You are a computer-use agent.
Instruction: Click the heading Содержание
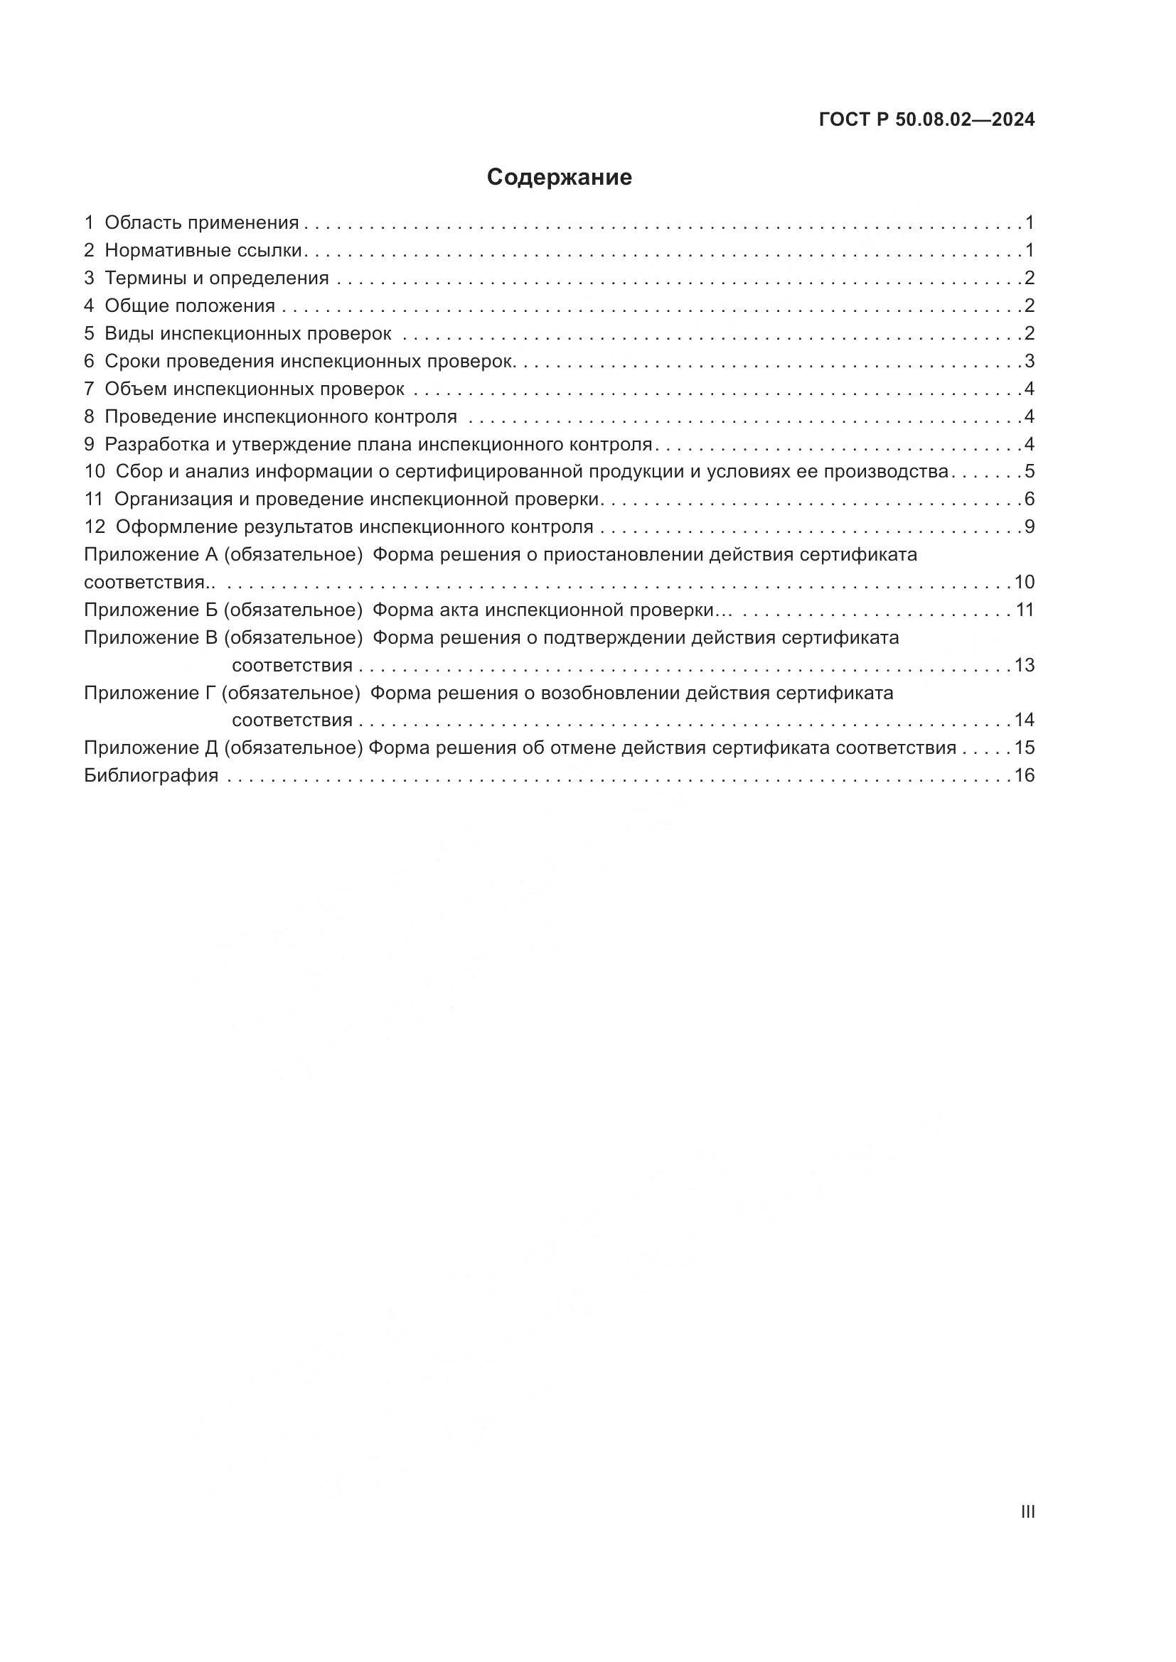pyautogui.click(x=559, y=178)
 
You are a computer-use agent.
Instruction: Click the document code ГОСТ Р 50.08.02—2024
pyautogui.click(x=926, y=120)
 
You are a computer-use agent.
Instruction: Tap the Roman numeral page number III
pyautogui.click(x=1027, y=1511)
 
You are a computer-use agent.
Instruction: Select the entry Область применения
pyautogui.click(x=201, y=223)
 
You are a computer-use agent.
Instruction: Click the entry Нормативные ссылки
pyautogui.click(x=203, y=250)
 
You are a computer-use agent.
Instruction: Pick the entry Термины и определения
pyautogui.click(x=217, y=278)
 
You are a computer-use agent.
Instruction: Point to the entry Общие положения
pyautogui.click(x=190, y=306)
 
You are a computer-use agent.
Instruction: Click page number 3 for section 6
pyautogui.click(x=1029, y=361)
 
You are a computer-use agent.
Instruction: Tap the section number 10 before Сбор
pyautogui.click(x=94, y=471)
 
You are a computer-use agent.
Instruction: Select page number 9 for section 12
pyautogui.click(x=1029, y=527)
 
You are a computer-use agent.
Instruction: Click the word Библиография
pyautogui.click(x=151, y=775)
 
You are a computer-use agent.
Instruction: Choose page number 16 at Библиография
pyautogui.click(x=1024, y=775)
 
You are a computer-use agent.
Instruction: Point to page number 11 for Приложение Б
pyautogui.click(x=1024, y=610)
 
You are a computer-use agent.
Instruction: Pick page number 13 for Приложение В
pyautogui.click(x=1024, y=665)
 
